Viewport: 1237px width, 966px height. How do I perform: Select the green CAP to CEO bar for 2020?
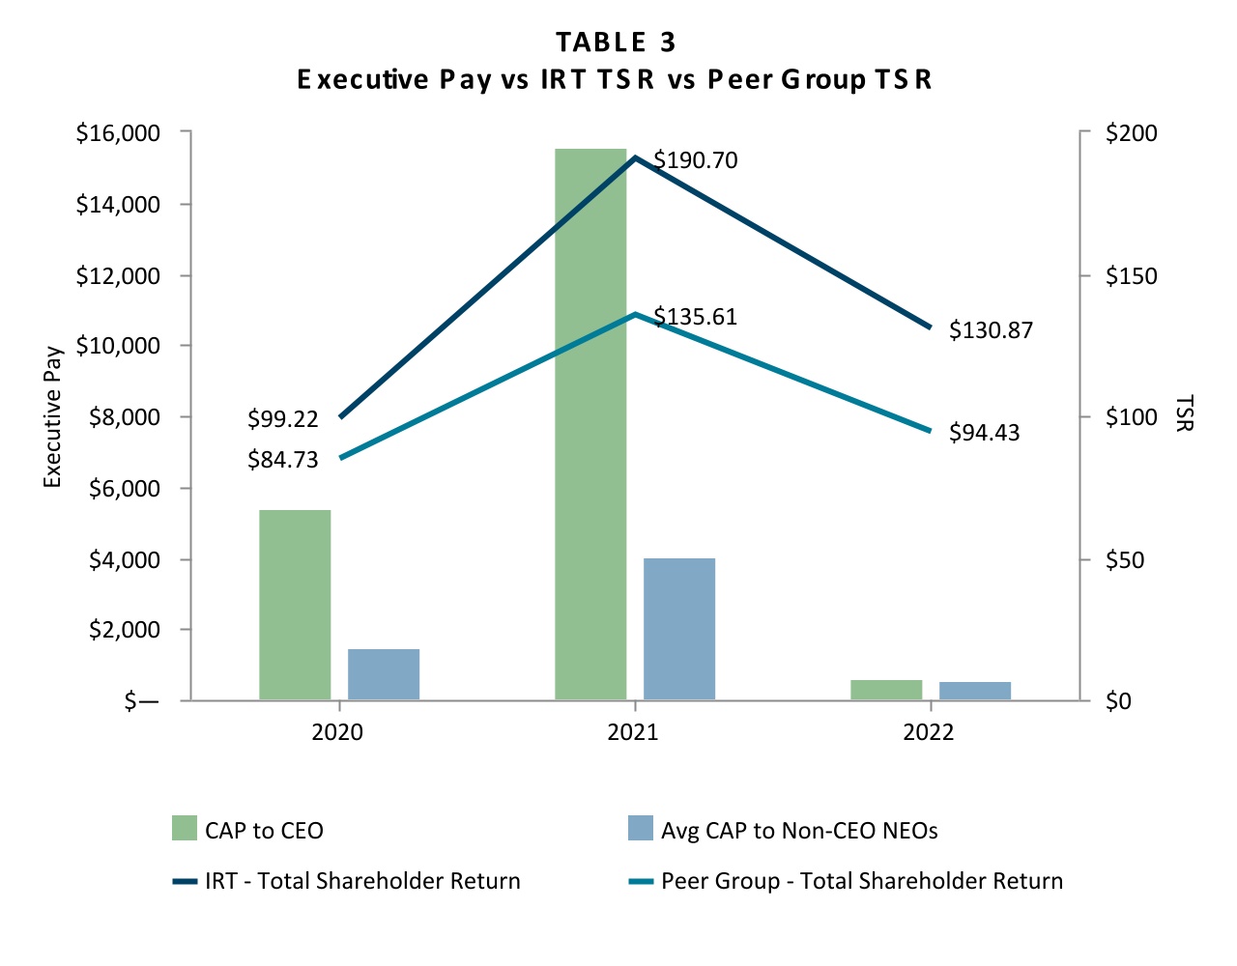(295, 604)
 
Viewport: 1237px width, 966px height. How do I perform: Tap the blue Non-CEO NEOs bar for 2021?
(679, 628)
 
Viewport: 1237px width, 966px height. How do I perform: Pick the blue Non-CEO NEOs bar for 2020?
(384, 673)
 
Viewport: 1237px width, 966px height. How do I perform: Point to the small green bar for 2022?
(886, 690)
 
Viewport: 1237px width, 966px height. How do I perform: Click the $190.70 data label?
(696, 160)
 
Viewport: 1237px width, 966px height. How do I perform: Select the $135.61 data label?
(696, 317)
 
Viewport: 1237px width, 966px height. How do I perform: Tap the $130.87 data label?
(991, 330)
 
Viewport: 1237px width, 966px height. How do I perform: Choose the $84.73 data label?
(282, 460)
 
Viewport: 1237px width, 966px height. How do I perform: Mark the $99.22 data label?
(282, 419)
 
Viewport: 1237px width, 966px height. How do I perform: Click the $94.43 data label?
(984, 433)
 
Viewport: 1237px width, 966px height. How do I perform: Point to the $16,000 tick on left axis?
(118, 132)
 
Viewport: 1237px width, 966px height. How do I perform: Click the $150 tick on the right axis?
(1131, 276)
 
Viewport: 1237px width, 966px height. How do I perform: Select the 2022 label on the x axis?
(928, 732)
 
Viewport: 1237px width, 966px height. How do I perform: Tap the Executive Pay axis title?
(53, 417)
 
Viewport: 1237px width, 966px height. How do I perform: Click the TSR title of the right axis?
(1186, 412)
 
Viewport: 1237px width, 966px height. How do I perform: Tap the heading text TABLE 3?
(616, 43)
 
